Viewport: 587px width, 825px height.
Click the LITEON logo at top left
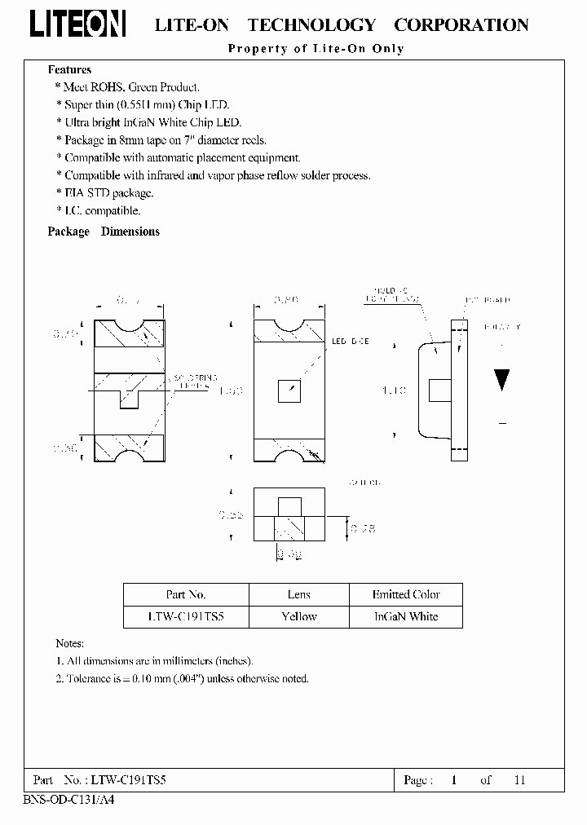(x=77, y=26)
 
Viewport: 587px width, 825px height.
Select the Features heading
(x=69, y=70)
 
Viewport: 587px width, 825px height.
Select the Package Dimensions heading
(x=104, y=232)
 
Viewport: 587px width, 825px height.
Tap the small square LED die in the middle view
(x=289, y=390)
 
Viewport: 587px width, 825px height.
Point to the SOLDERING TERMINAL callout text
(x=195, y=381)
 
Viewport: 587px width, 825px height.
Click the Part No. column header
(x=186, y=594)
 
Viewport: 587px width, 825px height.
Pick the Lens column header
(x=298, y=594)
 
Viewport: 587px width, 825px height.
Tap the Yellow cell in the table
(x=298, y=616)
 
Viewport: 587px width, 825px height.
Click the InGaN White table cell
(x=406, y=616)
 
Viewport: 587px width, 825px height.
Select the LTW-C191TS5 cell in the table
(x=186, y=616)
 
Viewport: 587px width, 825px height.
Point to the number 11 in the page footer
(x=519, y=780)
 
